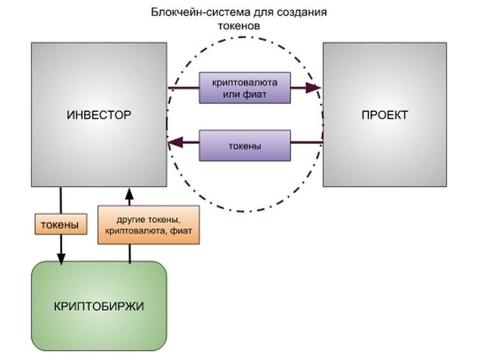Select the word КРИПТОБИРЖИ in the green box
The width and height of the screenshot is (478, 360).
(x=99, y=306)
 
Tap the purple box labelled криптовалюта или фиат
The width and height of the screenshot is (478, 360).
(x=245, y=89)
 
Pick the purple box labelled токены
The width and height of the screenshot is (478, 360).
(x=245, y=145)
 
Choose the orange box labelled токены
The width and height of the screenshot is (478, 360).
(x=60, y=224)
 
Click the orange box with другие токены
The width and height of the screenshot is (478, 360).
(x=148, y=224)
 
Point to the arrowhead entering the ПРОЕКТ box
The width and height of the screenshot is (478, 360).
(x=315, y=89)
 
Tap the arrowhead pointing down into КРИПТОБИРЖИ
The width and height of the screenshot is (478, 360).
(x=61, y=257)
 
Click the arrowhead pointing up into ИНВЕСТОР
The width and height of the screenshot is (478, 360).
(x=129, y=191)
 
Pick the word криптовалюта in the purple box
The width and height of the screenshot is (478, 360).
(x=245, y=83)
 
